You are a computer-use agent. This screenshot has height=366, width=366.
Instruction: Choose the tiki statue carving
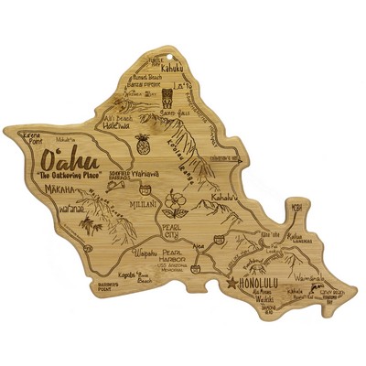point(192,102)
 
